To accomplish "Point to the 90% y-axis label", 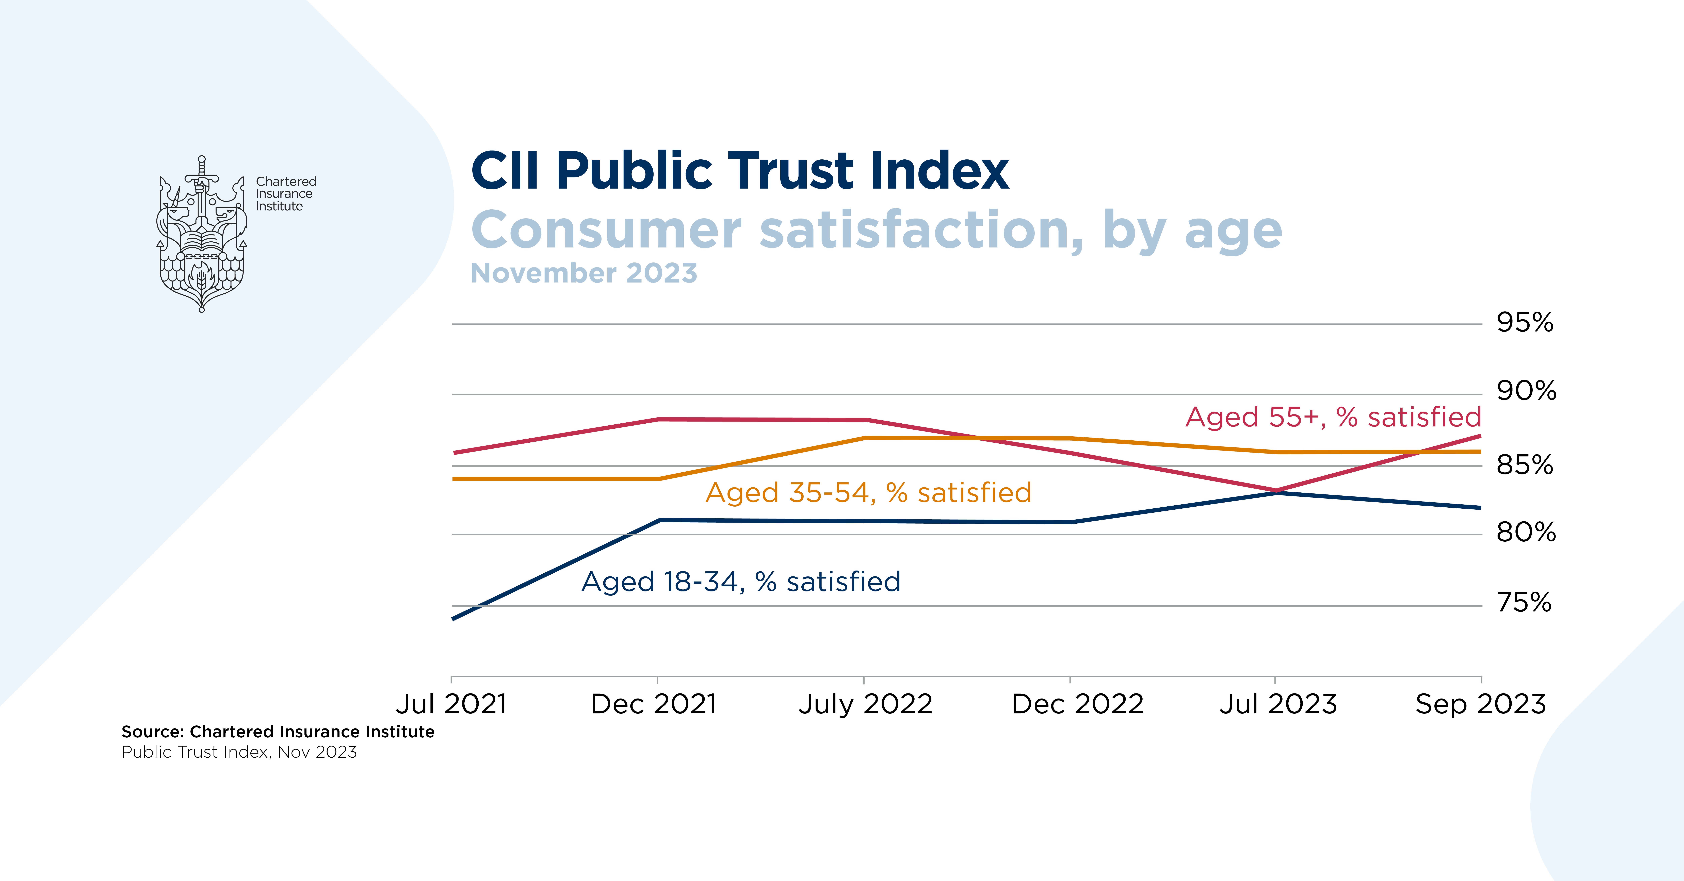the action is [x=1526, y=391].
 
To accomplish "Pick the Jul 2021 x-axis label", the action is [x=451, y=704].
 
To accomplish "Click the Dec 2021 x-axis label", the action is [x=654, y=704].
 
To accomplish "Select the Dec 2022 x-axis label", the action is [x=1077, y=704].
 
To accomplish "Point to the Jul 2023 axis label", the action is [x=1278, y=704].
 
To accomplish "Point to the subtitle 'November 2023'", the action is [x=584, y=273].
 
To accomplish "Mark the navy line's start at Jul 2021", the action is [x=452, y=618].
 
